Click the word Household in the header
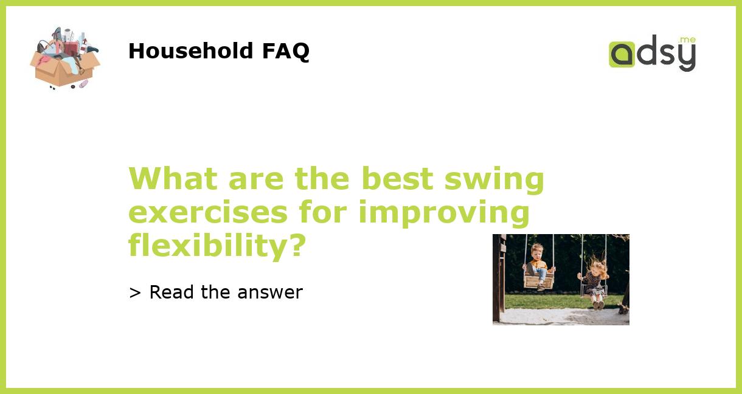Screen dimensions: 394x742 (x=191, y=51)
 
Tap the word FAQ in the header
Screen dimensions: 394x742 (x=285, y=51)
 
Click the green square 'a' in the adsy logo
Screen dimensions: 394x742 (x=622, y=55)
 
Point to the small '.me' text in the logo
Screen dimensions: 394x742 (x=687, y=40)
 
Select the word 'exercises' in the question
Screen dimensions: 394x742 (x=208, y=213)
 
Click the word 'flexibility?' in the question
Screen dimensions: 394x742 (x=217, y=247)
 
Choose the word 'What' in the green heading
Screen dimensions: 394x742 (x=173, y=179)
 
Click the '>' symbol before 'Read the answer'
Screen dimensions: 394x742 (x=135, y=292)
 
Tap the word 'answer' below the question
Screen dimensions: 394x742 (x=270, y=292)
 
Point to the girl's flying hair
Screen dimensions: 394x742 (x=597, y=265)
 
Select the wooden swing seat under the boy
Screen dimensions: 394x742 (x=539, y=281)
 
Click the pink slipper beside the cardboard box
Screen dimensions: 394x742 (x=83, y=84)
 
